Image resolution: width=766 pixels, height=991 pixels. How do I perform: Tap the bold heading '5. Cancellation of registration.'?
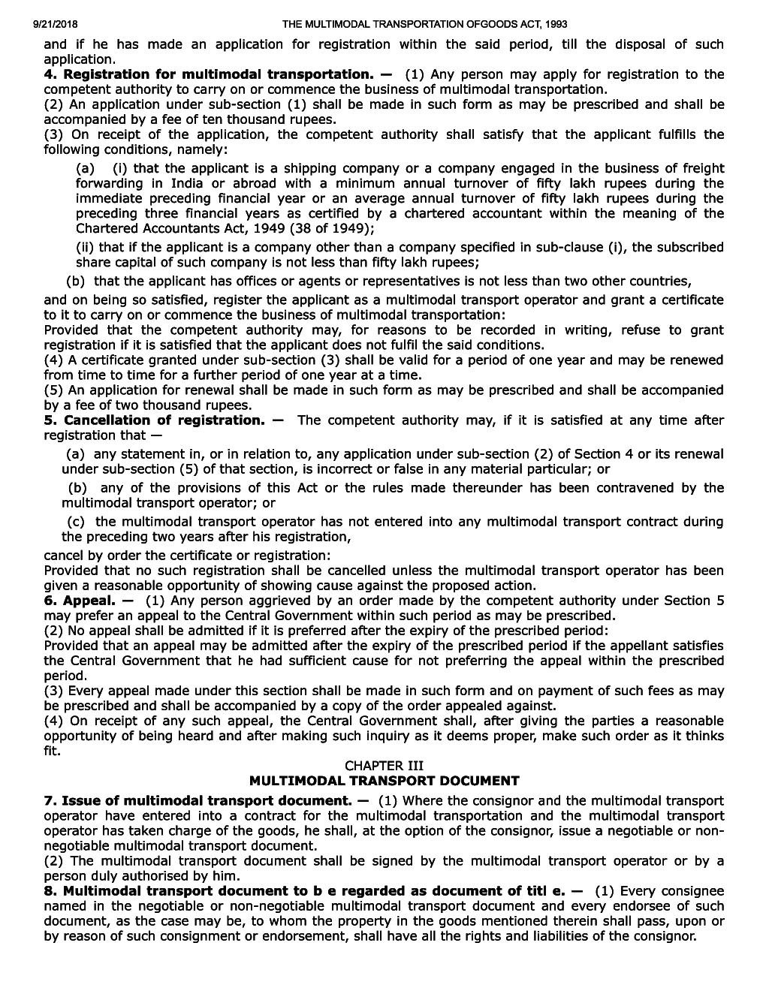[x=154, y=420]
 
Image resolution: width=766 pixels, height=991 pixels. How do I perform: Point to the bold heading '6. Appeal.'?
[x=79, y=601]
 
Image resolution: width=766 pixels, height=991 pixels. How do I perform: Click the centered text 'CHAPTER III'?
[x=384, y=766]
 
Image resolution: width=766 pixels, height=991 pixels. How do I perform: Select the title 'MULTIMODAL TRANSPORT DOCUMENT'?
[x=384, y=781]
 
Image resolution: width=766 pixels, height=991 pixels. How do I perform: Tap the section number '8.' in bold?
[x=50, y=891]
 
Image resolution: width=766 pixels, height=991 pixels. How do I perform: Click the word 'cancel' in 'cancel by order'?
[x=62, y=556]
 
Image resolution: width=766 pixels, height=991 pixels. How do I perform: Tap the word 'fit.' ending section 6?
[x=53, y=751]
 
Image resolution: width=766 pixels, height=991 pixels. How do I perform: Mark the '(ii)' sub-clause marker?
[x=86, y=248]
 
